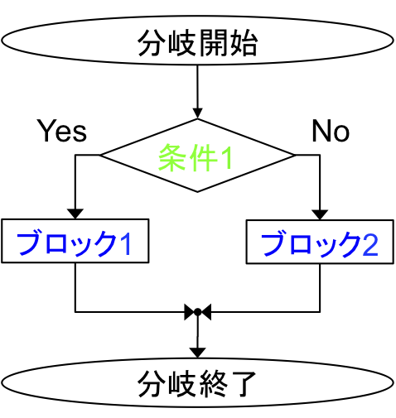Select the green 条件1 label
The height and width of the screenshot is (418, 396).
pyautogui.click(x=195, y=157)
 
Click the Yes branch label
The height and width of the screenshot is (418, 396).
pyautogui.click(x=62, y=131)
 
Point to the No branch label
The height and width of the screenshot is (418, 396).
pyautogui.click(x=331, y=131)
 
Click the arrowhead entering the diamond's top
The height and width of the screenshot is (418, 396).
pyautogui.click(x=197, y=113)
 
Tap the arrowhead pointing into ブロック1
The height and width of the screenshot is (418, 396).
pyautogui.click(x=75, y=214)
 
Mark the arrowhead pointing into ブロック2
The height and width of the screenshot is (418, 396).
pyautogui.click(x=320, y=215)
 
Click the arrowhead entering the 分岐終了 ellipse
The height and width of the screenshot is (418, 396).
pyautogui.click(x=197, y=353)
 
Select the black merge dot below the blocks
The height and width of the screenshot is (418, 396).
pyautogui.click(x=197, y=312)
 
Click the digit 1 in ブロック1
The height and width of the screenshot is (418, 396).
pyautogui.click(x=127, y=243)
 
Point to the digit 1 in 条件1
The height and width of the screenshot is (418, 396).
pyautogui.click(x=226, y=157)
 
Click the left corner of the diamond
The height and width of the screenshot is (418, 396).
pyautogui.click(x=99, y=156)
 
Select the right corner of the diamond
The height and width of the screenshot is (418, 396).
pyautogui.click(x=296, y=156)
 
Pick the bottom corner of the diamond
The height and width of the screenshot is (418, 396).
pyautogui.click(x=197, y=192)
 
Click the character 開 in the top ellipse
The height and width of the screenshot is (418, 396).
pyautogui.click(x=212, y=43)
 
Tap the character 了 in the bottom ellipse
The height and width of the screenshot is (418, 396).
pyautogui.click(x=243, y=383)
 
